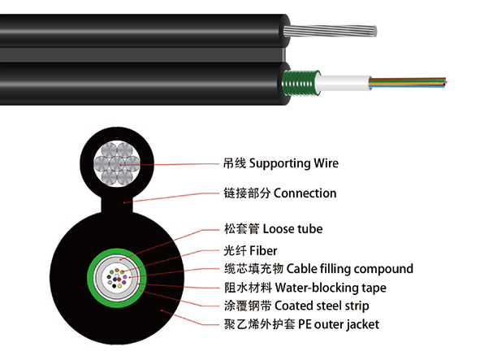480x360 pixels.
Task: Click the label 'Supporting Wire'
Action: coord(294,163)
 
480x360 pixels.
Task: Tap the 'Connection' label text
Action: coord(305,193)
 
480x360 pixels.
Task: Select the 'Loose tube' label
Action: coord(292,229)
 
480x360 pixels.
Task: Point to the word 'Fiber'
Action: coord(263,250)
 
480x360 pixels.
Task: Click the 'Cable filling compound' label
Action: coord(350,269)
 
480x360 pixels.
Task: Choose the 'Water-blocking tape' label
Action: coord(331,288)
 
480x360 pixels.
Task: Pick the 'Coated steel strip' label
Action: coord(322,306)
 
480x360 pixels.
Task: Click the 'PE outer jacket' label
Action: coord(339,324)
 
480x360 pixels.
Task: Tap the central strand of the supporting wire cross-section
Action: coord(117,163)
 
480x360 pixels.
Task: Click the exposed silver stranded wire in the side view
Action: coord(330,31)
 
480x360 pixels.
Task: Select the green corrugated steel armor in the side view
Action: coord(301,83)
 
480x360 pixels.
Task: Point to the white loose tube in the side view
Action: coord(344,83)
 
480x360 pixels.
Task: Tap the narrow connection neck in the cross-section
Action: coord(117,204)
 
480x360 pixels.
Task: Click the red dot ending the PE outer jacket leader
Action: coord(162,311)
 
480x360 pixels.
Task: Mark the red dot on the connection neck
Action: coord(124,202)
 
